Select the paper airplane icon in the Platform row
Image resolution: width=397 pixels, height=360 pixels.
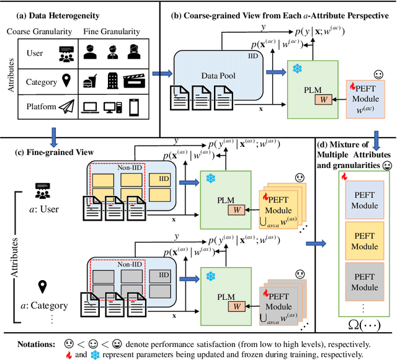click(67, 108)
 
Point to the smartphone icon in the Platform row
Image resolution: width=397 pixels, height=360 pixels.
click(133, 108)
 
